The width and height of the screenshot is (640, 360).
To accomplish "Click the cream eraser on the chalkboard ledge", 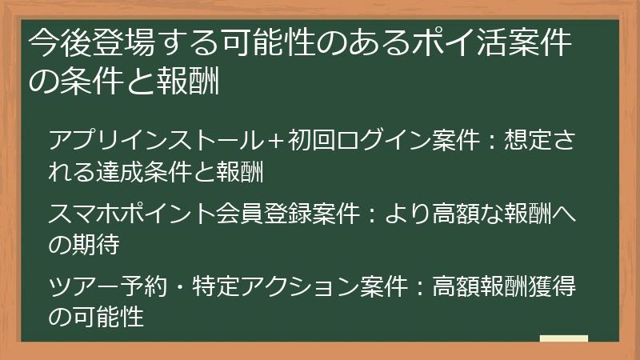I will (564, 338).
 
